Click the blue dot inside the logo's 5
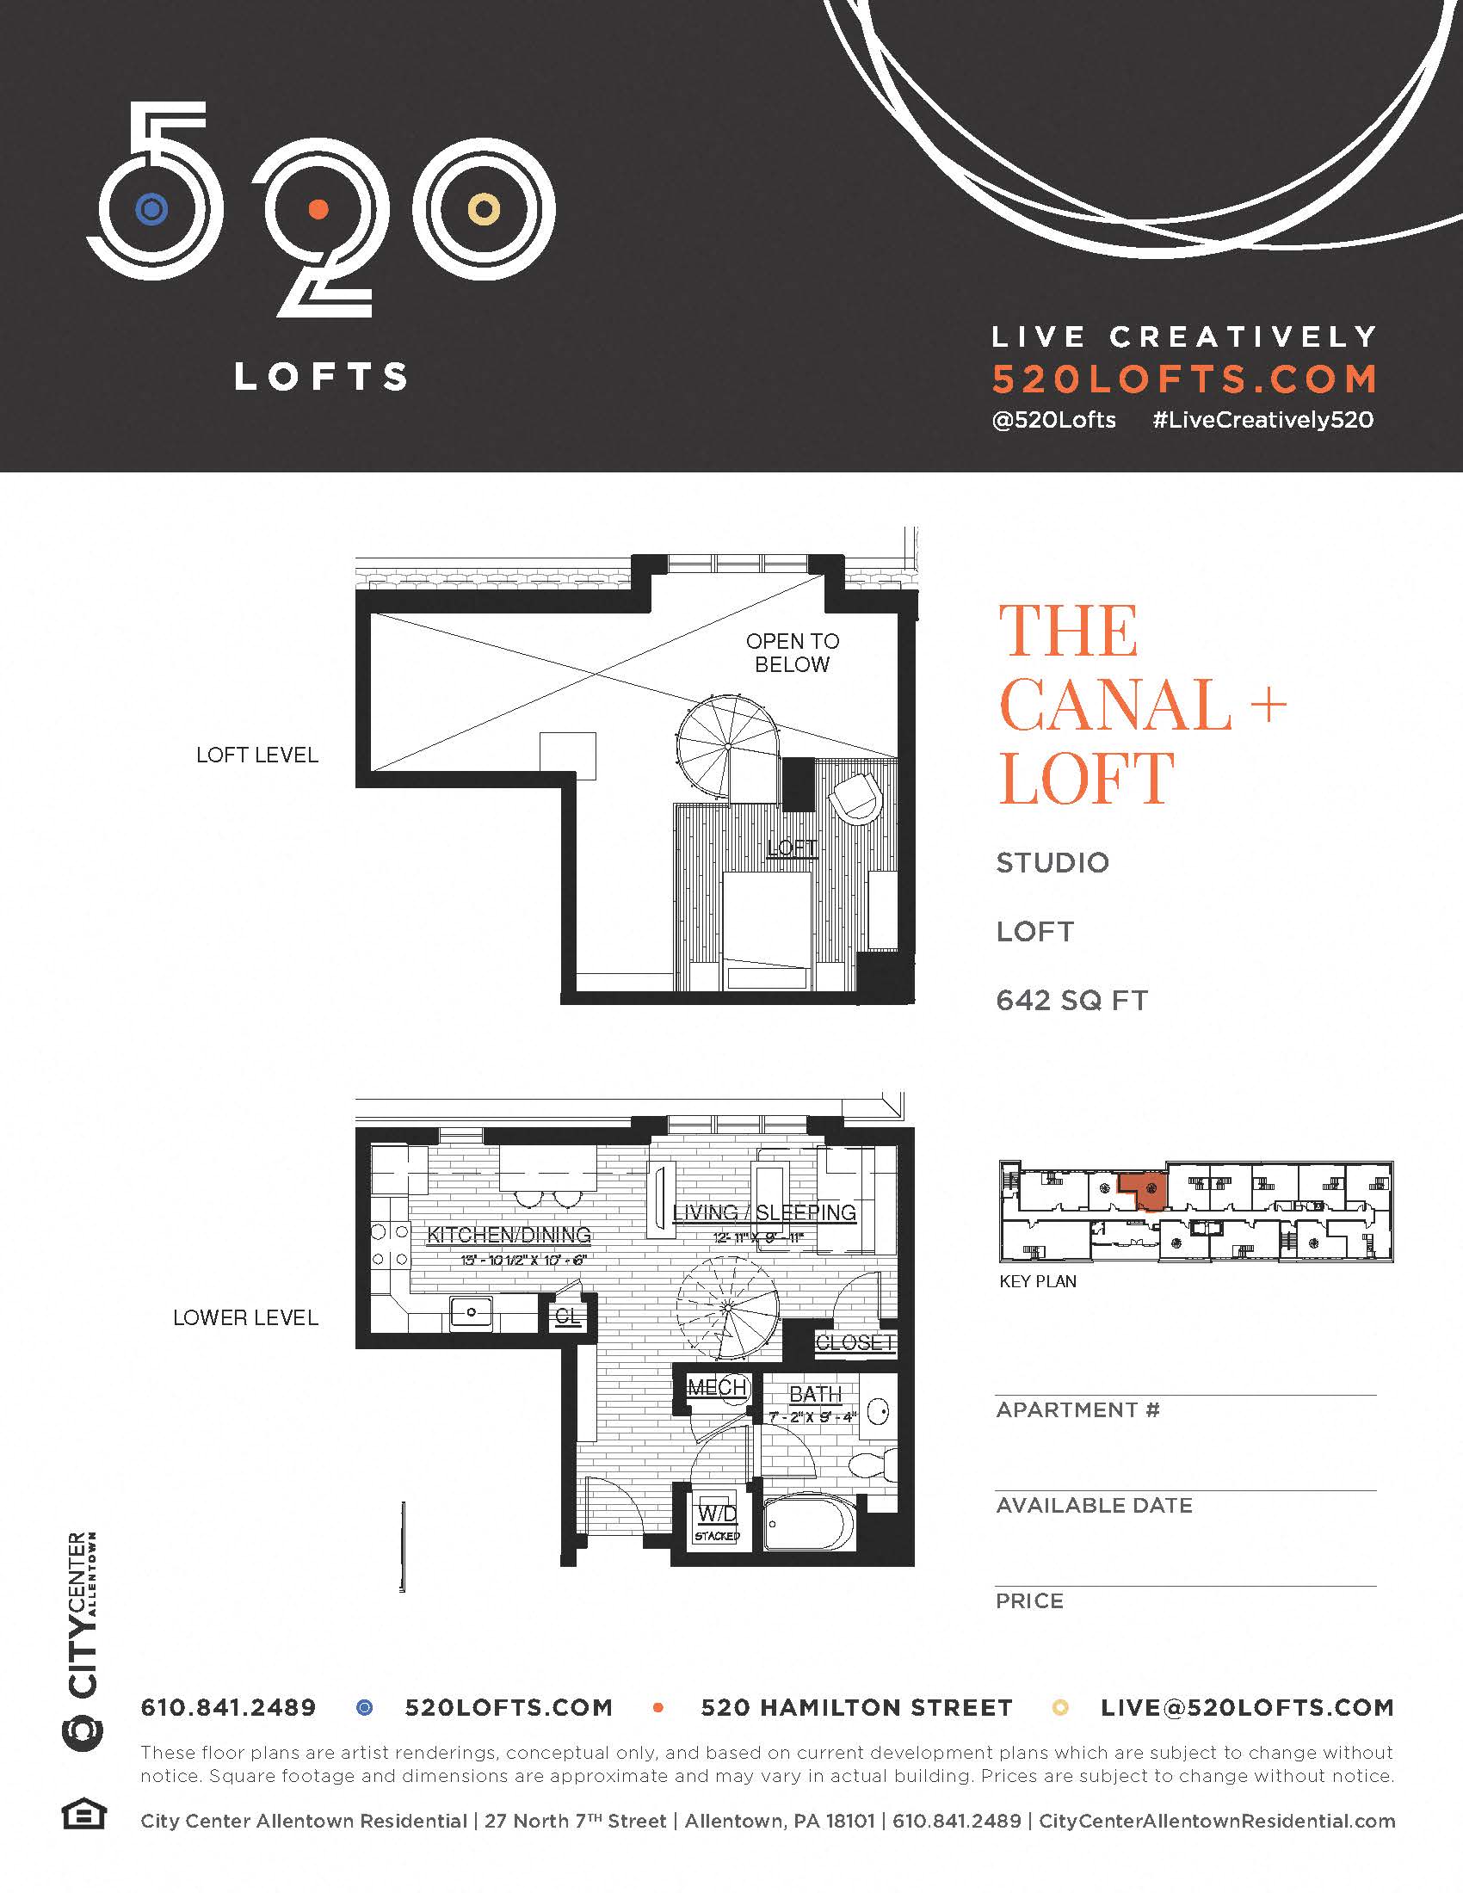(x=151, y=209)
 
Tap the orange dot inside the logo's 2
(x=318, y=209)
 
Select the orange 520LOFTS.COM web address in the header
(x=1184, y=379)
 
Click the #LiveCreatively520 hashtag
(x=1262, y=421)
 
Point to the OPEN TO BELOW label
(x=792, y=653)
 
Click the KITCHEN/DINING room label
(x=509, y=1235)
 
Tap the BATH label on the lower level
(x=815, y=1394)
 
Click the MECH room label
(x=717, y=1388)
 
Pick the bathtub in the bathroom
(x=809, y=1524)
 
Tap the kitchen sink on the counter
(x=471, y=1312)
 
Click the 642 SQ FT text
(x=1071, y=1000)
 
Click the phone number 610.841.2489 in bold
(x=229, y=1707)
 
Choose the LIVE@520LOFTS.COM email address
(x=1247, y=1707)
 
